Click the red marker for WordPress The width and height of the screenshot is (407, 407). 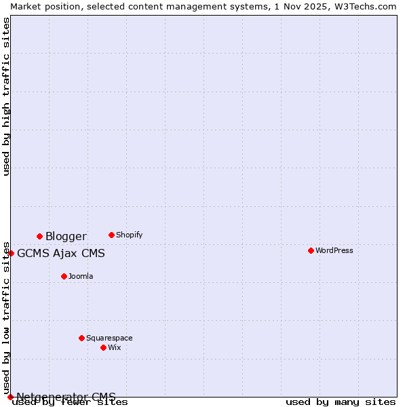[x=311, y=250]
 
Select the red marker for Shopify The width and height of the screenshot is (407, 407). [x=111, y=235]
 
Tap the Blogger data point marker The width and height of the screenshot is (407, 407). [x=39, y=236]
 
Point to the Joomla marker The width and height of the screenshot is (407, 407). [x=64, y=276]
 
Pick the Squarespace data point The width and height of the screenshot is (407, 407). [x=81, y=338]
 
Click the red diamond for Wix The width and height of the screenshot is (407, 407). [x=103, y=347]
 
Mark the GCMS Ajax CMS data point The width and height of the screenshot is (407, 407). [x=11, y=253]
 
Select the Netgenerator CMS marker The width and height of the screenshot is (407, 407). [x=10, y=397]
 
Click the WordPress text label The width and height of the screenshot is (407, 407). [x=334, y=250]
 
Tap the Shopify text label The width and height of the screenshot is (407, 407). [x=129, y=235]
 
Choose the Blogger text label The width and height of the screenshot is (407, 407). [x=66, y=236]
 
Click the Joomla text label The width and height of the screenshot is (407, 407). [x=81, y=276]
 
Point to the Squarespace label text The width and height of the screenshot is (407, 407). [x=109, y=338]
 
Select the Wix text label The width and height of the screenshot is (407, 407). [x=114, y=347]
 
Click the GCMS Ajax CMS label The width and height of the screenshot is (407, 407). [x=61, y=254]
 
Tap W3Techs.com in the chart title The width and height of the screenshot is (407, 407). [x=369, y=6]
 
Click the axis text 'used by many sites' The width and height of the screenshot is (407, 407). [x=341, y=402]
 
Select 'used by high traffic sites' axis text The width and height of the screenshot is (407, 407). [x=7, y=96]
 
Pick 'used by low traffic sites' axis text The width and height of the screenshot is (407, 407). [x=7, y=317]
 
